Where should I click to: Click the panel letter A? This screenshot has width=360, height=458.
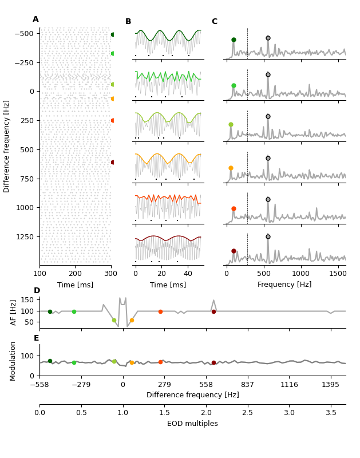click(35, 19)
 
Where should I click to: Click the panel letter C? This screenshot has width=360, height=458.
click(214, 22)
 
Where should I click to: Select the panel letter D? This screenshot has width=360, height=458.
click(37, 291)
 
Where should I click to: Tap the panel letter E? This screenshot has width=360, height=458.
click(36, 338)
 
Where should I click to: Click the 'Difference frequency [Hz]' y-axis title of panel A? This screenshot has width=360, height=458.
click(7, 146)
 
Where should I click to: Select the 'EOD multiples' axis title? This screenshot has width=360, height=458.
click(192, 424)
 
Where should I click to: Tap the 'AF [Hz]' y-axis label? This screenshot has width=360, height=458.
click(14, 312)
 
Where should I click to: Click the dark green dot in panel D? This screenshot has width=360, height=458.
click(50, 312)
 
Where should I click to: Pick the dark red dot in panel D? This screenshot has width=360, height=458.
click(213, 311)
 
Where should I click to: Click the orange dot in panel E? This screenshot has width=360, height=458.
click(132, 362)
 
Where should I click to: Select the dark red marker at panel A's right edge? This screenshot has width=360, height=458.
click(113, 162)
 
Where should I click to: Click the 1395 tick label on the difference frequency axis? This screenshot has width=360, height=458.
click(330, 385)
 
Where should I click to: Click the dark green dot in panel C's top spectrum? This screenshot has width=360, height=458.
click(234, 40)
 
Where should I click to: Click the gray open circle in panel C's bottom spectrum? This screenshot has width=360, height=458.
click(268, 236)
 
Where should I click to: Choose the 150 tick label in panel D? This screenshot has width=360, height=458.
click(26, 299)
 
